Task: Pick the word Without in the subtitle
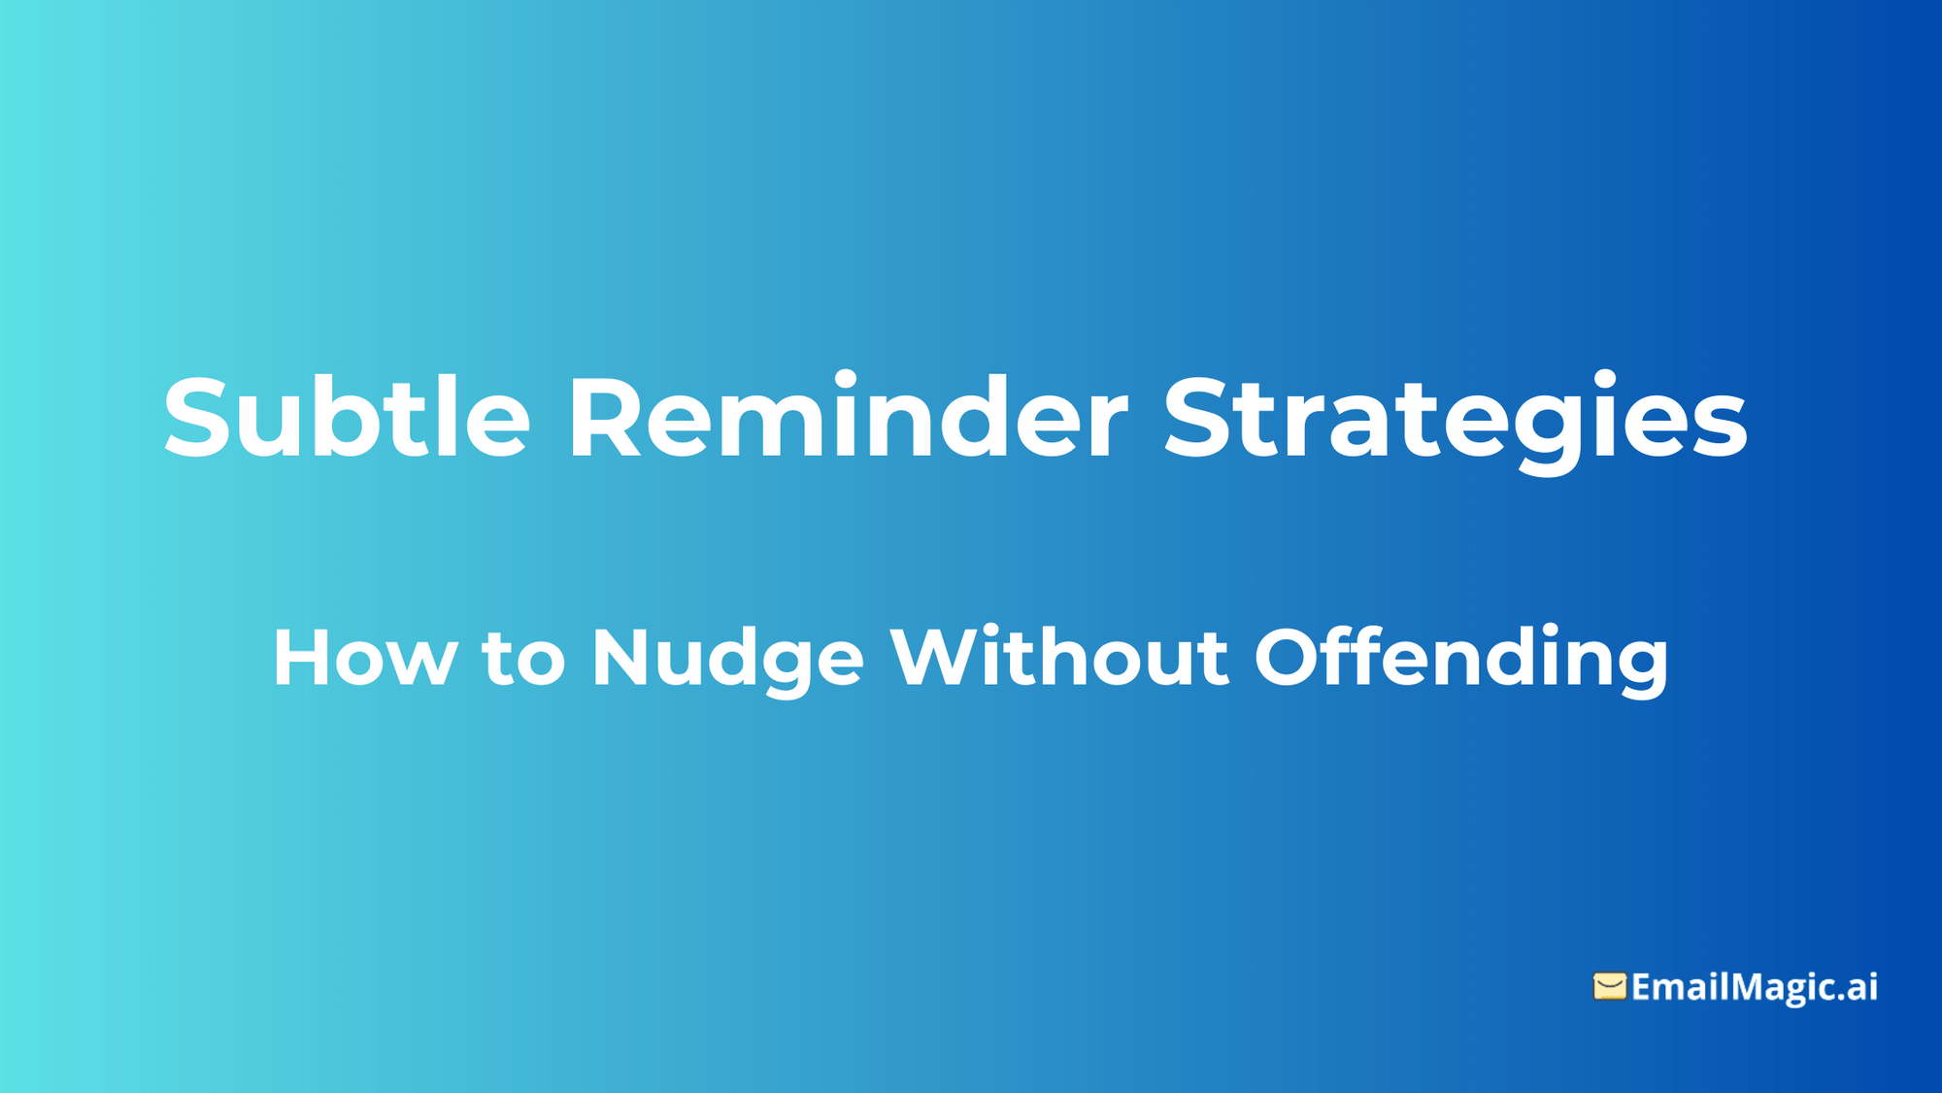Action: (1059, 659)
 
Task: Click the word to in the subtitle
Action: (523, 659)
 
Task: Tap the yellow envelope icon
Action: (1609, 986)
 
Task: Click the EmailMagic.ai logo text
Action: (1754, 987)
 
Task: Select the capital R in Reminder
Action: (604, 418)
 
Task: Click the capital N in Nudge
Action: (621, 659)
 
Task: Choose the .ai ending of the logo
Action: (1856, 987)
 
